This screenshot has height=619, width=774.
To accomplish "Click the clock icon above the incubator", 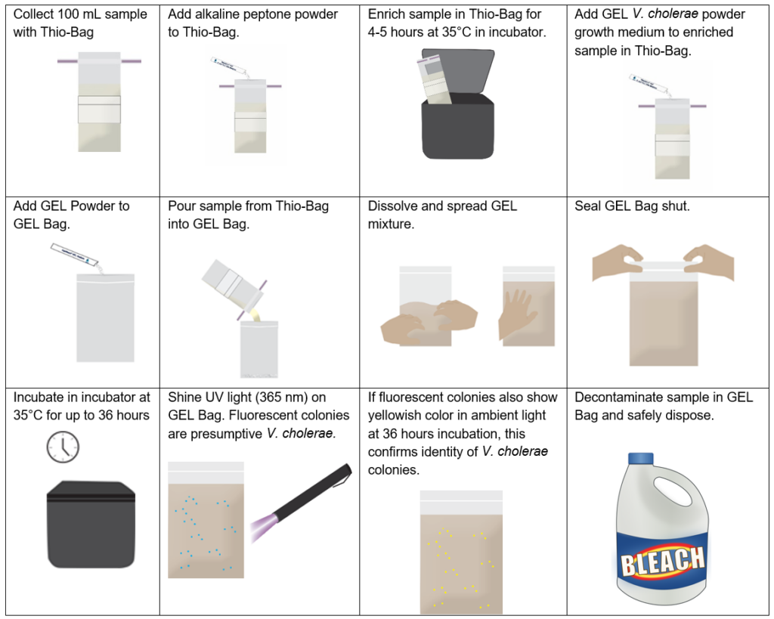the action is pos(63,447).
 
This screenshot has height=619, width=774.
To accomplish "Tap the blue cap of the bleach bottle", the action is pos(641,459).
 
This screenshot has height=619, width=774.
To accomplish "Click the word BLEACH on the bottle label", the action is pos(662,562).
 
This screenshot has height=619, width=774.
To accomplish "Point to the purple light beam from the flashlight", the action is pos(264,528).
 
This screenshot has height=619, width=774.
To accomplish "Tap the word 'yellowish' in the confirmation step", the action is pos(395,416).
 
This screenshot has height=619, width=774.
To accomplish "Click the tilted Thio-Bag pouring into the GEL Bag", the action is pos(233,284).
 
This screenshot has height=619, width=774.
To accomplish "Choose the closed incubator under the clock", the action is pos(91,525).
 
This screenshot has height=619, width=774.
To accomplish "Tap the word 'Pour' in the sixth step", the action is pos(181,206).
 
